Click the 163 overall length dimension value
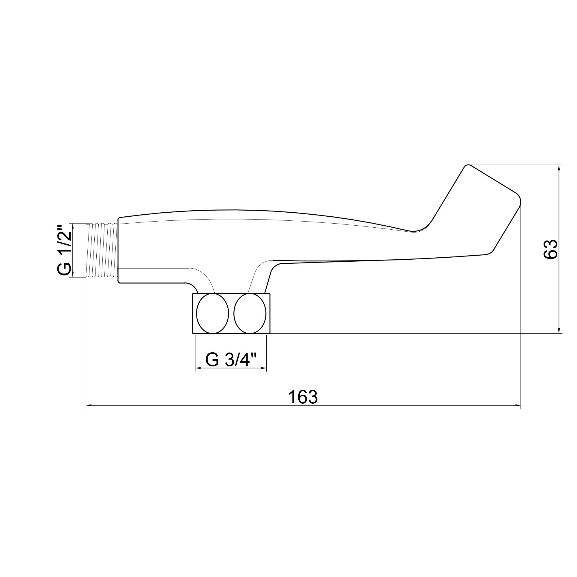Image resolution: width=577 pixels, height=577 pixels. click(x=303, y=397)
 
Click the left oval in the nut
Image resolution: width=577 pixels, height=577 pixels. click(x=212, y=313)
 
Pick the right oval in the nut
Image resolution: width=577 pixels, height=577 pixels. click(x=250, y=313)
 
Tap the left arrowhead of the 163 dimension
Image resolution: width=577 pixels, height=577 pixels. click(x=88, y=405)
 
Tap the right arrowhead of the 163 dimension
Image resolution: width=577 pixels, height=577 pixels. click(x=518, y=405)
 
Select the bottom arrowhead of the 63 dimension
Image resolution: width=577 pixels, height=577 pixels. click(x=559, y=331)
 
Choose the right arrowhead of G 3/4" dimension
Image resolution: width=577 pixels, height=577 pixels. click(x=264, y=368)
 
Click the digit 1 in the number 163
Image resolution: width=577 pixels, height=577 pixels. click(x=292, y=397)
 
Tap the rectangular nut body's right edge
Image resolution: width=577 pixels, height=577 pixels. click(x=270, y=313)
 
